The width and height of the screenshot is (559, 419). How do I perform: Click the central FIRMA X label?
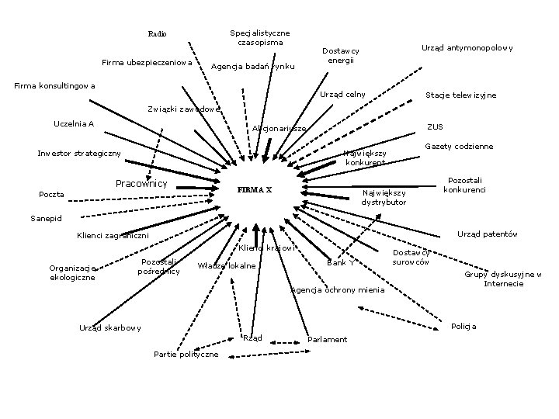[254, 190]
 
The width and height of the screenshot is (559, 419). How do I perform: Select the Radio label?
[157, 33]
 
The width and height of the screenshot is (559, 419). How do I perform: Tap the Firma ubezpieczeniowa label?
[148, 62]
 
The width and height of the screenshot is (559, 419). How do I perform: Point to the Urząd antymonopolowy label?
[467, 48]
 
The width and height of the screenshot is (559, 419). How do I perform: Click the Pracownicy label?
[141, 184]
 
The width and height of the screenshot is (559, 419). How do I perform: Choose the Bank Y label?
[341, 261]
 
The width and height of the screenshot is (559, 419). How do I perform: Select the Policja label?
[464, 326]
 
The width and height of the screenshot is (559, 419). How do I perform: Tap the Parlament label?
[328, 340]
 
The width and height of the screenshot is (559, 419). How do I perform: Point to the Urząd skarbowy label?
[110, 327]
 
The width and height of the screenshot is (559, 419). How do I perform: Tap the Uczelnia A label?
[74, 124]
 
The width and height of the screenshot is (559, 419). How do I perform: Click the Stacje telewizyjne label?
[461, 95]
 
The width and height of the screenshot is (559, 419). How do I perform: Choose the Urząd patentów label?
[488, 234]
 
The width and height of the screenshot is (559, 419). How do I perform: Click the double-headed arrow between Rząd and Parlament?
[283, 339]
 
